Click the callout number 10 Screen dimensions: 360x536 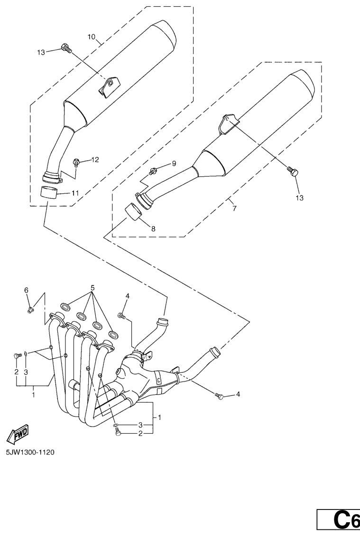point(92,36)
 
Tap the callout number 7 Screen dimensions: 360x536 point(234,208)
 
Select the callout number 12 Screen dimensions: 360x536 point(95,160)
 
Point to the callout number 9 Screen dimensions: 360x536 point(174,164)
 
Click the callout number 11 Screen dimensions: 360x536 point(75,193)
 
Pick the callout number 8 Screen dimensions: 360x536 point(153,229)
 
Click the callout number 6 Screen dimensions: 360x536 point(27,290)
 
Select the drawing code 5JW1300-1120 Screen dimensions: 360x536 point(30,452)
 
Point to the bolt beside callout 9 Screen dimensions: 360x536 point(153,170)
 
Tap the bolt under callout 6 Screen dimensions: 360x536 point(29,310)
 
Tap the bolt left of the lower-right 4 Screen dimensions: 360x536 point(219,396)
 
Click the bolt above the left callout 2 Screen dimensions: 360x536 point(16,355)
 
